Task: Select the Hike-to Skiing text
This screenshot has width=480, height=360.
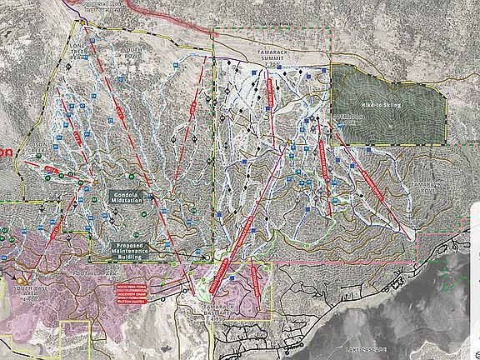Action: click(x=382, y=105)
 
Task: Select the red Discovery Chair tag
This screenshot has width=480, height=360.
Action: click(x=132, y=294)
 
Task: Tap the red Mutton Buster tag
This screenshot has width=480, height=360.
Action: click(x=132, y=302)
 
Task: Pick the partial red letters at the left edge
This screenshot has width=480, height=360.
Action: click(x=6, y=153)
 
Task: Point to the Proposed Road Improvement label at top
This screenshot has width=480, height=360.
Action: click(x=117, y=4)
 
